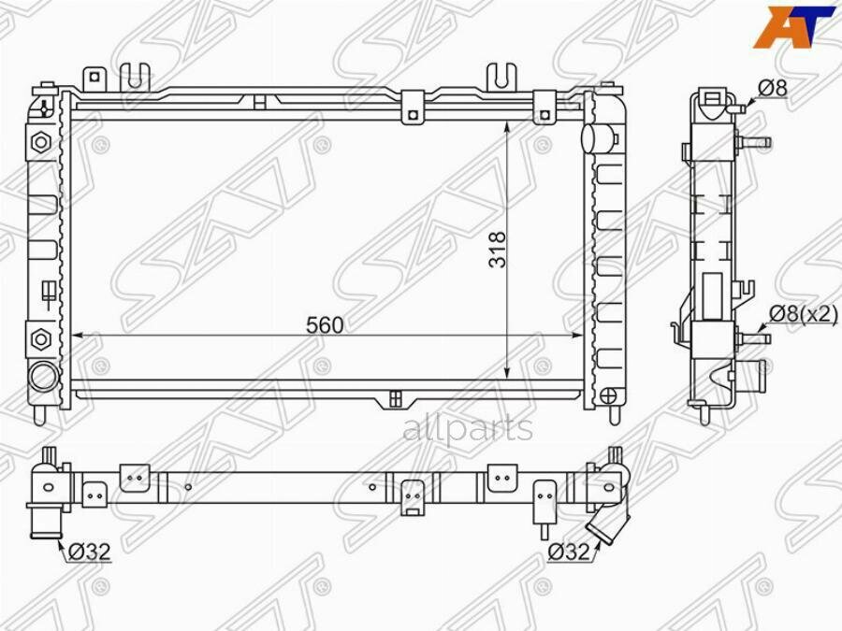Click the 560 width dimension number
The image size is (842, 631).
pos(325,324)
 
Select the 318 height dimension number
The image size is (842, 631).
pos(498,250)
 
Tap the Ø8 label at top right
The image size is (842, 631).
pos(773,88)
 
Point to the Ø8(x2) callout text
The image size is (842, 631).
pos(803,314)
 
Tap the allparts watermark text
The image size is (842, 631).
pos(468,428)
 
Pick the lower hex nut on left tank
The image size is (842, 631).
pos(41,338)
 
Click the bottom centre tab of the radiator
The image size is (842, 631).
pos(396,399)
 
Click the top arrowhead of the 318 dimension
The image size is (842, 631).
pos(507,128)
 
